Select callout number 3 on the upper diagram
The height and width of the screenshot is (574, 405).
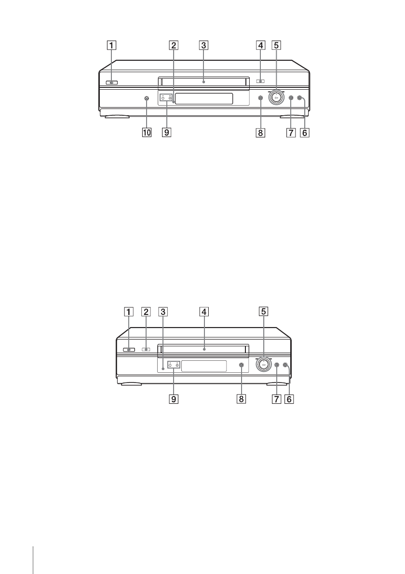tap(203, 45)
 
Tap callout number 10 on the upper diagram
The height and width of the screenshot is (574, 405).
tap(147, 133)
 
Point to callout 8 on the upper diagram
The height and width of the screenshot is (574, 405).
tap(260, 133)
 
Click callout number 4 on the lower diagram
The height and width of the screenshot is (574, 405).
tap(204, 312)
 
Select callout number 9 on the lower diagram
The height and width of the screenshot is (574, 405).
tap(174, 399)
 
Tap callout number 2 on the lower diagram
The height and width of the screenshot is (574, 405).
tap(147, 312)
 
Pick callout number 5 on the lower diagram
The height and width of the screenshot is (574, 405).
tap(263, 312)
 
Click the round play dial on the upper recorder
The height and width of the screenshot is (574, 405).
tap(276, 98)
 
